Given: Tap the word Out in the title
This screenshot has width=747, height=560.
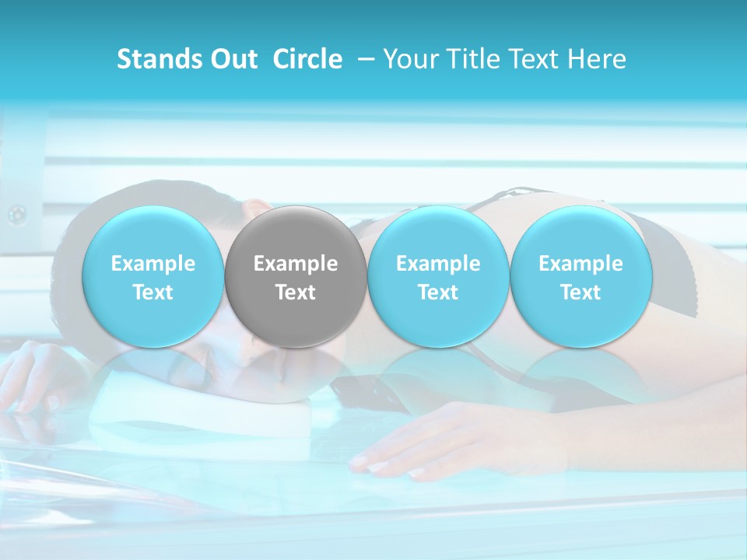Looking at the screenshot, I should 232,59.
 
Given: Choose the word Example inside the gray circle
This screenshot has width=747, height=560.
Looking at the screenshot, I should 296,264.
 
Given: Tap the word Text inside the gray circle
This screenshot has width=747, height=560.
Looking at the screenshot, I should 296,292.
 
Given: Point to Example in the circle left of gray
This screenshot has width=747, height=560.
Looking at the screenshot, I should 153,264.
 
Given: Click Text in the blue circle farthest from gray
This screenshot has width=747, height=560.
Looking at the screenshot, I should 580,292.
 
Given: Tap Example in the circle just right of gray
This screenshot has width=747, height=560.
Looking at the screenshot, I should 438,264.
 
